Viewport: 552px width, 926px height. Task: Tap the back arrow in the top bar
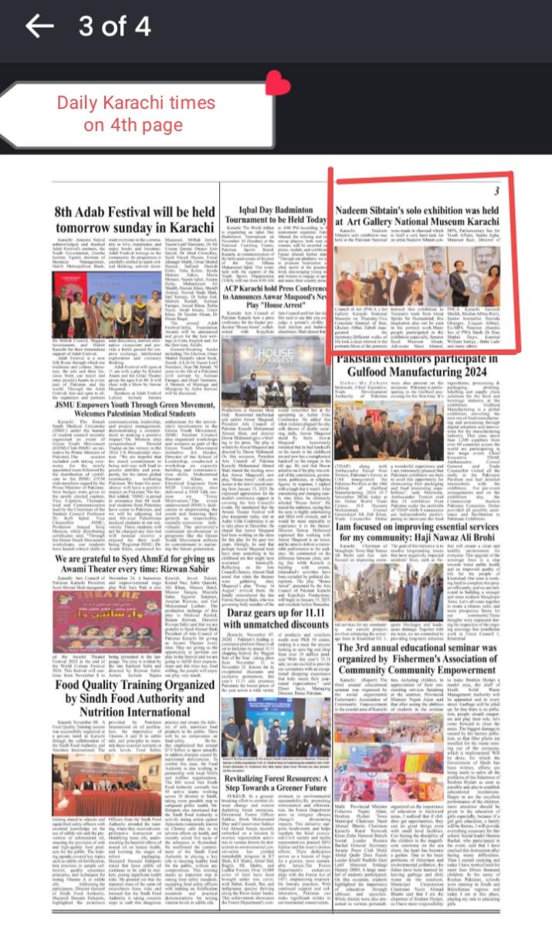point(39,26)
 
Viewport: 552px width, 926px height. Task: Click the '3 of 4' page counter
point(115,26)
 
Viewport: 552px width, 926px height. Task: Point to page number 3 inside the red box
point(497,170)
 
